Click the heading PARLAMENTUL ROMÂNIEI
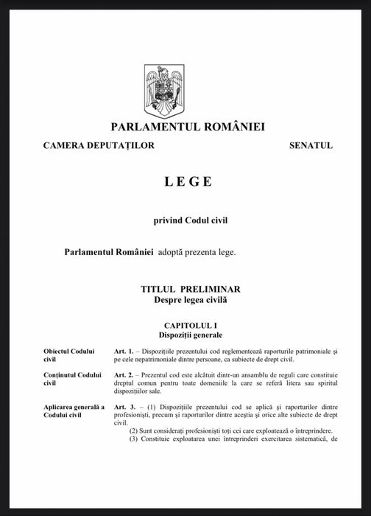click(188, 127)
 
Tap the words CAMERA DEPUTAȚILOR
click(99, 145)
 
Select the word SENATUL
click(311, 145)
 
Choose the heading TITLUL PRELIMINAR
click(191, 290)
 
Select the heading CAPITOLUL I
click(191, 325)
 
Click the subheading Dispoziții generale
click(191, 335)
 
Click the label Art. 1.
click(124, 350)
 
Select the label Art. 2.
click(124, 375)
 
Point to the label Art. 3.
click(124, 407)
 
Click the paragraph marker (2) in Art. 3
click(134, 431)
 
